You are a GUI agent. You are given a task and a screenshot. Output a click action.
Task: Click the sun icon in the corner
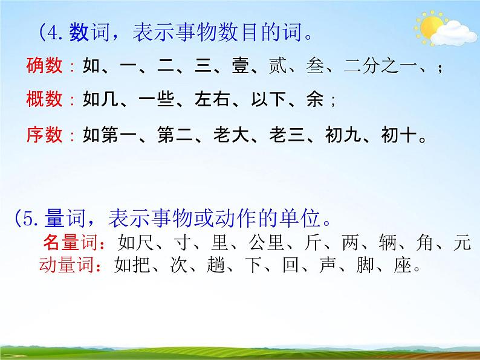tap(431, 27)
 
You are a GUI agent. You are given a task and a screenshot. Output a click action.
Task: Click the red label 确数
tap(44, 66)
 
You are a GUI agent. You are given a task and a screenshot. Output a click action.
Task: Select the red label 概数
tap(44, 100)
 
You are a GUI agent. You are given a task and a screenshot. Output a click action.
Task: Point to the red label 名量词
tap(69, 242)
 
